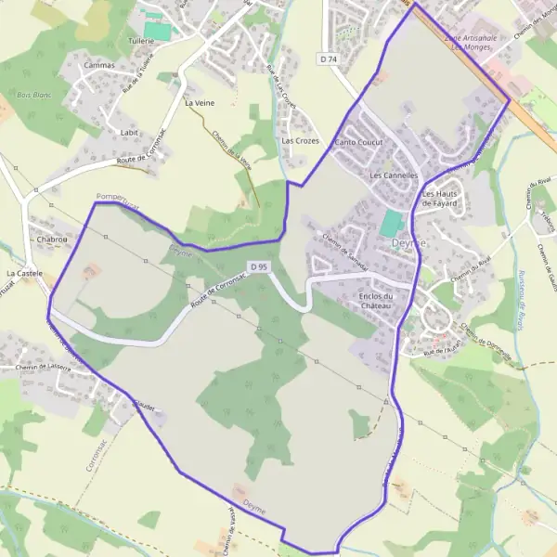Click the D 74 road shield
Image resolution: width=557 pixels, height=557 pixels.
click(328, 58)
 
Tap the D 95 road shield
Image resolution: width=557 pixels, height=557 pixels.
click(259, 266)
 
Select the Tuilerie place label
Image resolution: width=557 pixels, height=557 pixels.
click(141, 42)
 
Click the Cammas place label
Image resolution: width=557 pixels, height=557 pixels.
click(99, 66)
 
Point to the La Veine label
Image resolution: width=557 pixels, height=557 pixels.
click(199, 103)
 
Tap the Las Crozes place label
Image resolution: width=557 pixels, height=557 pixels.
click(300, 141)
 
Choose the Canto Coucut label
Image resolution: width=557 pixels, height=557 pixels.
click(358, 143)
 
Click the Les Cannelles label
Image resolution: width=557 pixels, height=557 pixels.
click(395, 175)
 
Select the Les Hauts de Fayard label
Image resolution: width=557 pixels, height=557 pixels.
click(444, 199)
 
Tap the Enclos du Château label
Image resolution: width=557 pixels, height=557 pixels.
click(376, 301)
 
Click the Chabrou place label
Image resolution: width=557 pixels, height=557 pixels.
click(53, 240)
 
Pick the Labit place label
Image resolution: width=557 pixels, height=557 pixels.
click(129, 133)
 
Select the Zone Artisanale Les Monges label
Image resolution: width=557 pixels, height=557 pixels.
click(472, 43)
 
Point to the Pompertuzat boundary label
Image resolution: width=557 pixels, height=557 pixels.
click(117, 199)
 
